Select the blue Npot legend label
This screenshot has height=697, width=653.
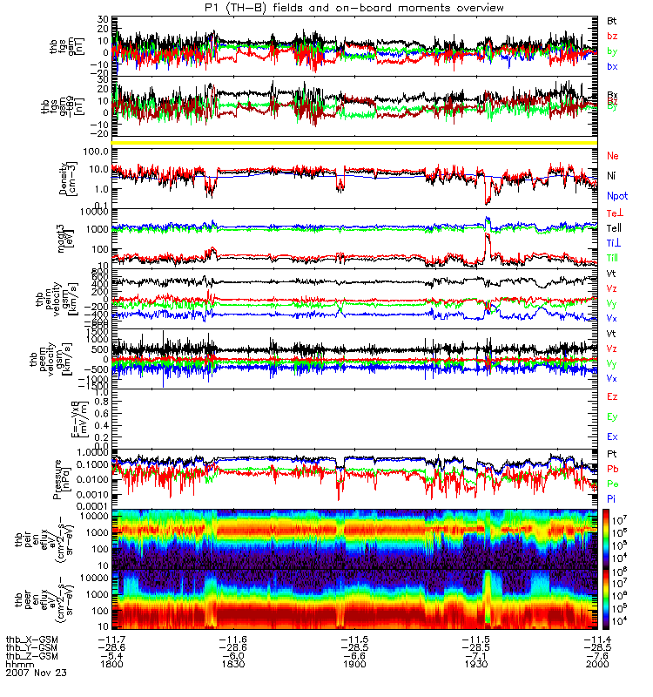point(615,197)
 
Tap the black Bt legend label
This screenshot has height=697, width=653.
point(611,20)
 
